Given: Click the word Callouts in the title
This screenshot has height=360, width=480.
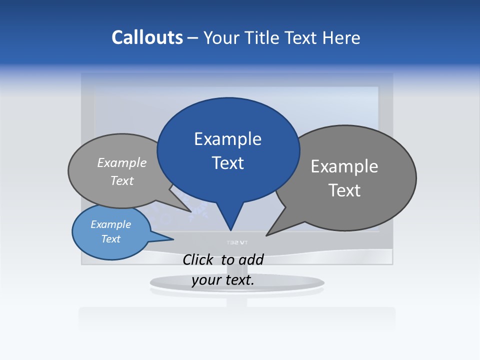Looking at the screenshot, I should pyautogui.click(x=147, y=37).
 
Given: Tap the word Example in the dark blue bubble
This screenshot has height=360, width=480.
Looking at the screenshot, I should pyautogui.click(x=227, y=139).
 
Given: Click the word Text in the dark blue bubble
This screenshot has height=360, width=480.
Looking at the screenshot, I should pyautogui.click(x=227, y=163).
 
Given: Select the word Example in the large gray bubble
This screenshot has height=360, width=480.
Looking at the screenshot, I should pyautogui.click(x=344, y=166).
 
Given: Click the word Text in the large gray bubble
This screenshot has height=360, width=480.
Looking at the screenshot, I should pyautogui.click(x=344, y=190).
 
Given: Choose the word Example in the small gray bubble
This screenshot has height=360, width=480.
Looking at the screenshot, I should pyautogui.click(x=122, y=162).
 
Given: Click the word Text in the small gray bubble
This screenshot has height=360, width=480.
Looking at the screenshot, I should pyautogui.click(x=122, y=180).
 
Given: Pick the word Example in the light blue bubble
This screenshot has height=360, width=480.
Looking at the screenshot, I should pyautogui.click(x=110, y=224).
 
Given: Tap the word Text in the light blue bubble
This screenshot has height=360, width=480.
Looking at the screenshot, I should pyautogui.click(x=110, y=239).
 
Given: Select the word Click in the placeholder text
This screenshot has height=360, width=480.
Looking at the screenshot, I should pyautogui.click(x=199, y=259).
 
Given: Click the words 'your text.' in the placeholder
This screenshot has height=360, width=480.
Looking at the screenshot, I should pyautogui.click(x=223, y=280).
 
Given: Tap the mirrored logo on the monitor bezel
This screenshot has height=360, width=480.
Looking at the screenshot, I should pyautogui.click(x=237, y=243).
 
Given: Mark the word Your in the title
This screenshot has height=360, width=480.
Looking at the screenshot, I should pyautogui.click(x=221, y=37).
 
